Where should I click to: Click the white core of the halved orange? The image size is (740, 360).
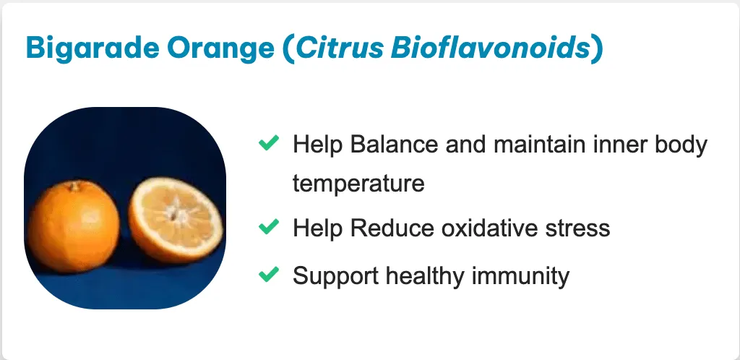pos(177,213)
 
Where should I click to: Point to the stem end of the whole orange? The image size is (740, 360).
pos(74,187)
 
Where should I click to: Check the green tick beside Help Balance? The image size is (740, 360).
pos(269,142)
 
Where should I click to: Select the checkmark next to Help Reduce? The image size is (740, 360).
pos(269,227)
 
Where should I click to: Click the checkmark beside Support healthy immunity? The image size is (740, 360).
pos(269,274)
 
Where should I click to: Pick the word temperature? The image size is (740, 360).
pos(358,184)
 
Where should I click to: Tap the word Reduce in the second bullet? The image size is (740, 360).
pos(392,228)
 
